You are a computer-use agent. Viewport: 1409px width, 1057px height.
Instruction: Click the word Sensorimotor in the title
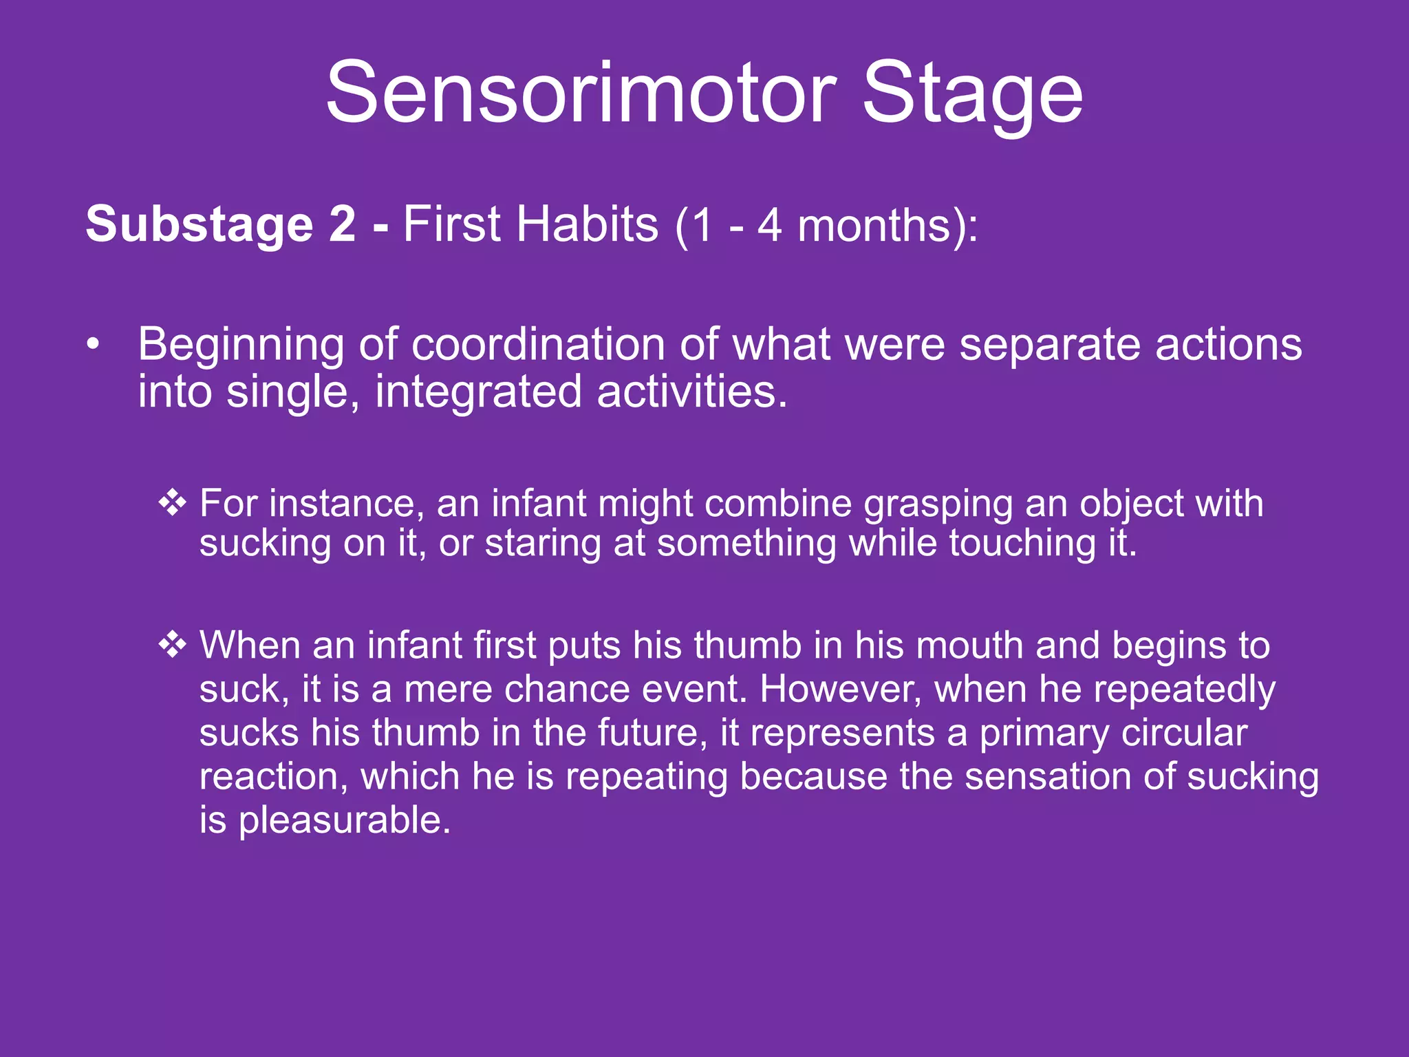(580, 93)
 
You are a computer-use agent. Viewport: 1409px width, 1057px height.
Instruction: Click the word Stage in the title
(972, 93)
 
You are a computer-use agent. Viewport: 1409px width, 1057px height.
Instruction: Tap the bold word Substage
(200, 224)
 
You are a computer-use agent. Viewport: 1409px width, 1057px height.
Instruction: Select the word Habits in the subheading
(588, 224)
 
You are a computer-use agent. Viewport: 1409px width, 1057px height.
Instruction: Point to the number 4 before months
(769, 226)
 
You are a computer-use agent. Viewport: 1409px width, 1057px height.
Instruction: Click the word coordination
(537, 344)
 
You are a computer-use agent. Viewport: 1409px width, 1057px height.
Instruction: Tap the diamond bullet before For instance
(172, 502)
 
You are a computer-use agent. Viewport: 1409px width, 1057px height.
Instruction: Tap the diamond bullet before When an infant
(172, 645)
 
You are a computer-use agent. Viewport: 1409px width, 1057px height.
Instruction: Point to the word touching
(1022, 544)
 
